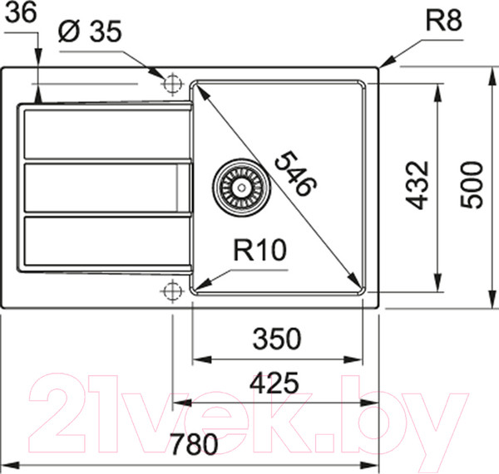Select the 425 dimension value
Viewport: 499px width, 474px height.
point(274,384)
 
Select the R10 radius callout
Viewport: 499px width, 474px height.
point(259,251)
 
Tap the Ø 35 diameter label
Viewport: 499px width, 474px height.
point(91,32)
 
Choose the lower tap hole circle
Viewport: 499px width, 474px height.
point(172,291)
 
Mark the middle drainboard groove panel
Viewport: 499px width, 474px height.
point(101,188)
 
